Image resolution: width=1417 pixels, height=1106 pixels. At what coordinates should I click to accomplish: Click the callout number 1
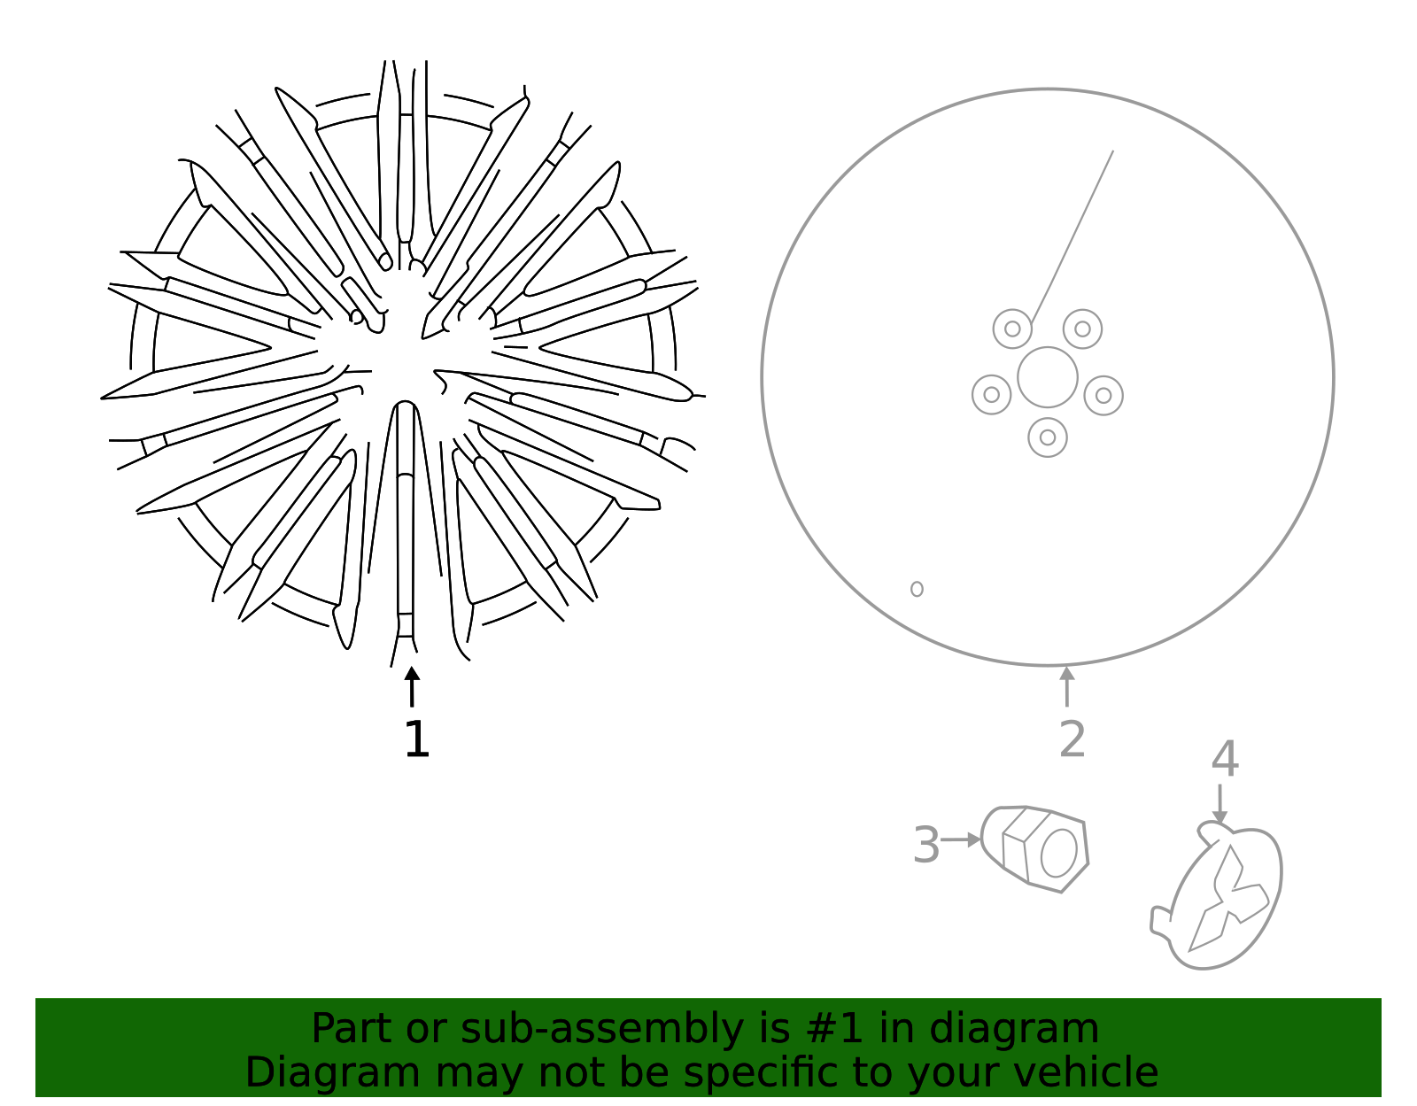click(x=416, y=739)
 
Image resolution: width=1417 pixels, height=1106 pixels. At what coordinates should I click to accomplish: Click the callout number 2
click(x=1072, y=739)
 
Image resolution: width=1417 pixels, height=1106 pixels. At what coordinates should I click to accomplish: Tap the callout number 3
click(x=925, y=845)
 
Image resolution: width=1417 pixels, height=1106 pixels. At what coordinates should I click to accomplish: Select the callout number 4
click(x=1225, y=759)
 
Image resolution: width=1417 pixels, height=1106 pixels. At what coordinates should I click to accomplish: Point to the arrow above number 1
click(x=412, y=686)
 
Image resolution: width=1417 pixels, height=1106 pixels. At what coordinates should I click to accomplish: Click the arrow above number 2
click(x=1067, y=686)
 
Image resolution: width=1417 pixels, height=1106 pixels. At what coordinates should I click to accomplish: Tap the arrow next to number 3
click(x=961, y=839)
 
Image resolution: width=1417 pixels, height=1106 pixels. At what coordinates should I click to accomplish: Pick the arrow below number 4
click(x=1220, y=804)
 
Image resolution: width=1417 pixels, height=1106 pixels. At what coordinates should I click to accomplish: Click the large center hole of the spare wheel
click(x=1048, y=377)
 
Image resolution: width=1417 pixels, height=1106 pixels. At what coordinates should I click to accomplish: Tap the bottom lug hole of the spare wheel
click(x=1048, y=437)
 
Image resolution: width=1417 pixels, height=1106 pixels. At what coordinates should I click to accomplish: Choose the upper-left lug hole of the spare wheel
click(x=1012, y=329)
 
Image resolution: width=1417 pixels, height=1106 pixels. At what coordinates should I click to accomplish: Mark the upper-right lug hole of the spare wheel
click(x=1082, y=329)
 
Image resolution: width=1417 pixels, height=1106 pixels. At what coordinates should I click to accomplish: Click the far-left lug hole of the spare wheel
click(x=992, y=395)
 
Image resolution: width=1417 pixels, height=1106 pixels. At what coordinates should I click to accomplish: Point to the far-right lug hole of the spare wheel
click(x=1103, y=395)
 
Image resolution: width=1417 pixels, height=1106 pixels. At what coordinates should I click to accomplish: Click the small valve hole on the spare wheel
click(x=917, y=589)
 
